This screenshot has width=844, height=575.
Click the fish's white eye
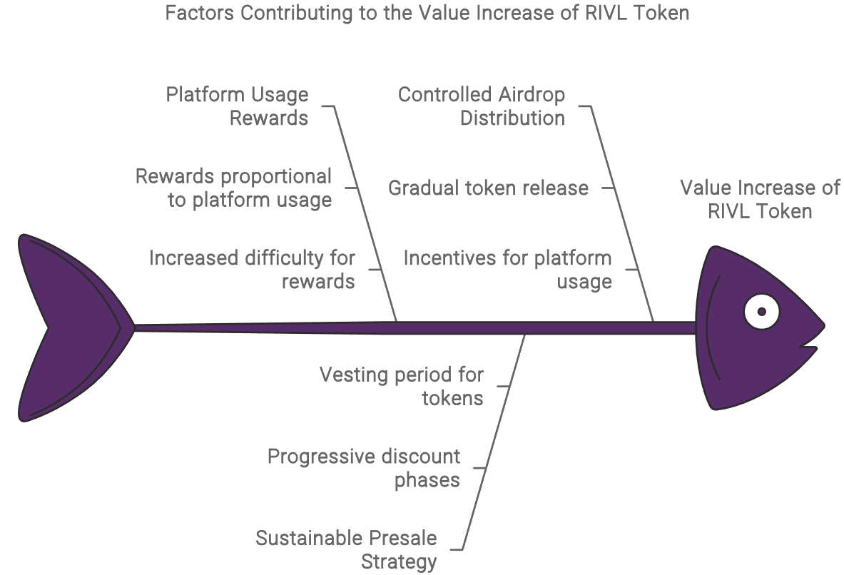pos(761,312)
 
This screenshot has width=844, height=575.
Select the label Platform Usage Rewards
pos(238,106)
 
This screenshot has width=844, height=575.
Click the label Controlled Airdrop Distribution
pos(482,106)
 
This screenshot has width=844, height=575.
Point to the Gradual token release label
pos(489,188)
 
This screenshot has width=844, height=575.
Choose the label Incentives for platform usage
pos(508,270)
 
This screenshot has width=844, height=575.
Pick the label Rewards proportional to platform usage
pos(234,188)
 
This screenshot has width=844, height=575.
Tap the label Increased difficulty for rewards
pos(252,270)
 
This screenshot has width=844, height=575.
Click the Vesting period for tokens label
pos(402,386)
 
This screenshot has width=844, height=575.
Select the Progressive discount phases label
pos(364,468)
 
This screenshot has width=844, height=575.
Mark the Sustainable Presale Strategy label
pos(347,549)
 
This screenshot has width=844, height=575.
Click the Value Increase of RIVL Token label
pos(760,200)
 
